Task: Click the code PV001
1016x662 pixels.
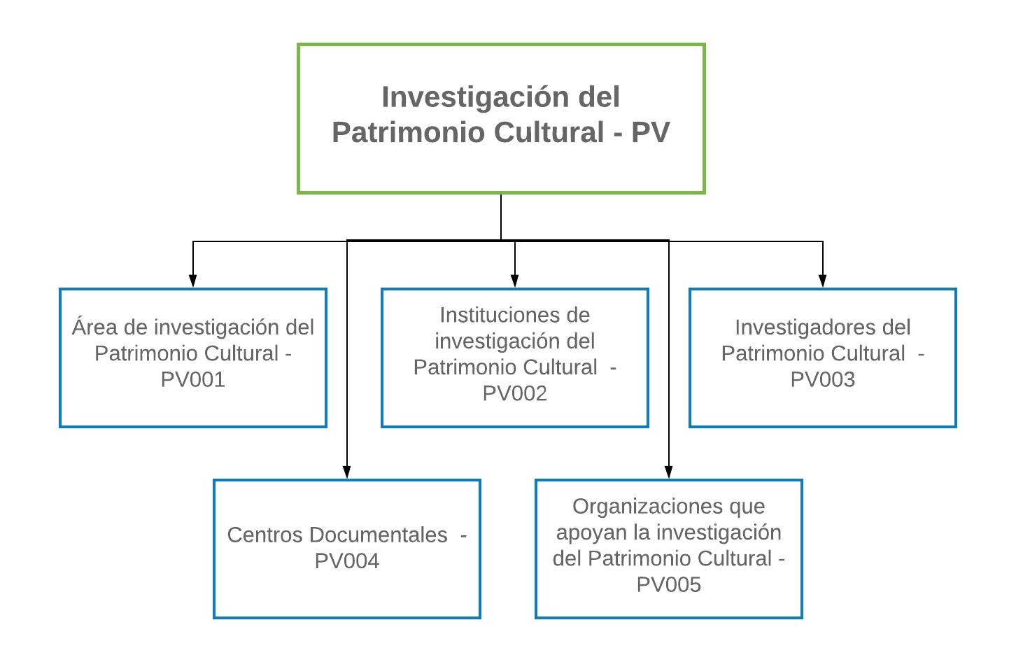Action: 192,379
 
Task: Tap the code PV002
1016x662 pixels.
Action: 514,393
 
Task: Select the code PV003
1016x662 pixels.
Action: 822,379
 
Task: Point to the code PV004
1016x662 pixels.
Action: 346,561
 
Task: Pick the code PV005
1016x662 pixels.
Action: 668,584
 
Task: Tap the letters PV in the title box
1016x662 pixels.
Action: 650,132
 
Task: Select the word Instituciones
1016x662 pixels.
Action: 514,315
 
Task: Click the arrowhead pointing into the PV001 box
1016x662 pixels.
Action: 193,281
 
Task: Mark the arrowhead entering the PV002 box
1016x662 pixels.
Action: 515,281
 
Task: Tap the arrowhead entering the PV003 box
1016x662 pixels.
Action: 823,281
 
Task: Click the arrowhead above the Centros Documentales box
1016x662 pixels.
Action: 347,472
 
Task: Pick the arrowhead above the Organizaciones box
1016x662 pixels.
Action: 669,472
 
